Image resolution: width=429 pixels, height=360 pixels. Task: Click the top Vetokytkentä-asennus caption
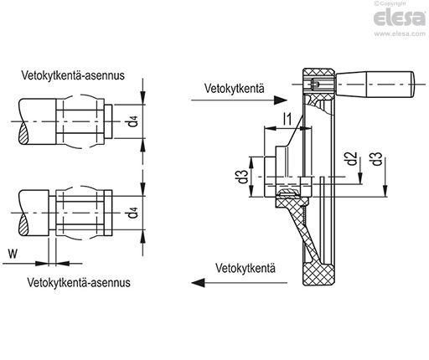pos(73,75)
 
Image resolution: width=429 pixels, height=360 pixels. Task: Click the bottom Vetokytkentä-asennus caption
pos(79,282)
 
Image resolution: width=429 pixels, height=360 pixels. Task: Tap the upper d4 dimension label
pos(134,121)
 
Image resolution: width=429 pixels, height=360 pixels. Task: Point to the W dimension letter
pos(13,254)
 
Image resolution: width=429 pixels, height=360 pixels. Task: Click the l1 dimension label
pos(287,119)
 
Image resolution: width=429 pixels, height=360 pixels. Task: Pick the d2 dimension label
pos(352,158)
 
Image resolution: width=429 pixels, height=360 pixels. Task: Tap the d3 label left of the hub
pos(243,177)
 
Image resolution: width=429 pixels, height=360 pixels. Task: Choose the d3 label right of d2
pos(377,158)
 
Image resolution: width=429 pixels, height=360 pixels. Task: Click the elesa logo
pos(400,18)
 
